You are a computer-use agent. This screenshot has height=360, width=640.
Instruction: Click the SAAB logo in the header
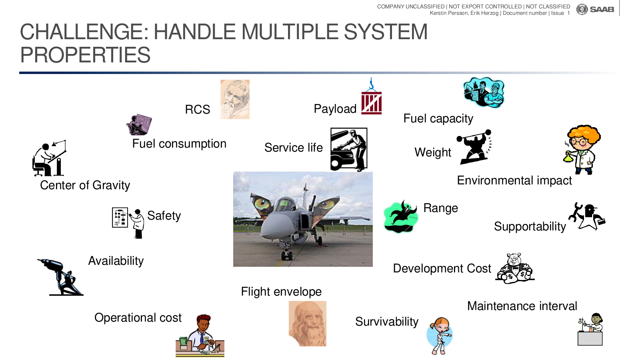tap(595, 10)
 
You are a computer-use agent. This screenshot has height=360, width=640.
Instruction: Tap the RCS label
tap(198, 110)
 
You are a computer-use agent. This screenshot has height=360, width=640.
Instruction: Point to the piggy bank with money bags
tap(515, 268)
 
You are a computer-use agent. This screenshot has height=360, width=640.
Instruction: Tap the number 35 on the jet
tap(287, 244)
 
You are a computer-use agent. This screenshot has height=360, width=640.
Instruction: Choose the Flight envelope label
tap(281, 292)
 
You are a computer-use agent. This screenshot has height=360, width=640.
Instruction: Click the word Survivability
tap(386, 322)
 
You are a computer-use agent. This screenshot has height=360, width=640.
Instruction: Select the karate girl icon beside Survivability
tap(440, 336)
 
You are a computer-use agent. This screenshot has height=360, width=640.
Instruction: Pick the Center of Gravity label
tap(85, 186)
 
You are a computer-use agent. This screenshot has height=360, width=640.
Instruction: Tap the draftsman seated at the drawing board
tap(49, 158)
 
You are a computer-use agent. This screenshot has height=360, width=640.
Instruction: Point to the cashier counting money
tap(200, 336)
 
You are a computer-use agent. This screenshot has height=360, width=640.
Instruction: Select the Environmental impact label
tap(514, 180)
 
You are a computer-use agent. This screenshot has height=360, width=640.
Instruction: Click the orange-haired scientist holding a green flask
tap(582, 150)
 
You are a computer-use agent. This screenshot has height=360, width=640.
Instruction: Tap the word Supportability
tap(530, 226)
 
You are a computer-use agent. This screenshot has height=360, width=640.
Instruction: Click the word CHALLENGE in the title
tap(84, 32)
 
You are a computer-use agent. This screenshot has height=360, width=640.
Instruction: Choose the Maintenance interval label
tap(522, 306)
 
